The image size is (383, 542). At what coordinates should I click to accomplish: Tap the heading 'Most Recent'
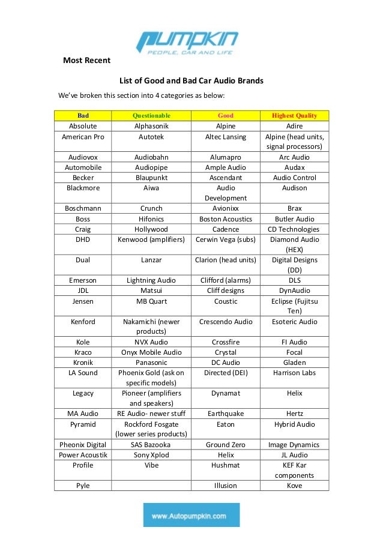click(x=87, y=60)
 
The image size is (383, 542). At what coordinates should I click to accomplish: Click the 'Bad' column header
click(x=83, y=115)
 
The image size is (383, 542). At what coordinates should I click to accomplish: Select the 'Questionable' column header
click(x=151, y=115)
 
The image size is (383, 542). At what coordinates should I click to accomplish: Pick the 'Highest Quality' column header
click(x=294, y=115)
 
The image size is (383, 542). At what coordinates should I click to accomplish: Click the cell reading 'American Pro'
click(x=83, y=137)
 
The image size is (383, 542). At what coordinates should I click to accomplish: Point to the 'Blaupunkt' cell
click(x=151, y=178)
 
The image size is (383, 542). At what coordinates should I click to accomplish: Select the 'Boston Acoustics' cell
click(x=226, y=219)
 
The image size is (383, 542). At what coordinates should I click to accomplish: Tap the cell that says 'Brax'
click(x=294, y=208)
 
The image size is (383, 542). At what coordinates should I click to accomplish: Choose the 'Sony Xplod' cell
click(x=151, y=455)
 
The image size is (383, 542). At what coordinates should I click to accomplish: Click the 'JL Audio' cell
click(x=294, y=455)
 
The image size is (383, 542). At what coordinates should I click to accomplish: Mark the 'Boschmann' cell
click(x=83, y=208)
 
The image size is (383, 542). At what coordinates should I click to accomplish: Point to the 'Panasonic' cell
click(x=151, y=363)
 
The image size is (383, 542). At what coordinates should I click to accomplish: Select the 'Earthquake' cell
click(x=226, y=414)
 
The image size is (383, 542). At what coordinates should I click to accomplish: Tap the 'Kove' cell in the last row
click(x=294, y=486)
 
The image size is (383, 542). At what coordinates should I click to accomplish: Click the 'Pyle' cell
click(x=83, y=486)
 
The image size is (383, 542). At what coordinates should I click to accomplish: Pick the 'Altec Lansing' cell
click(x=226, y=137)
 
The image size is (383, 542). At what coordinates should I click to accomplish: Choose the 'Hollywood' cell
click(x=151, y=229)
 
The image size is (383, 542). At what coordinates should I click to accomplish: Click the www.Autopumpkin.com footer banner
click(x=191, y=515)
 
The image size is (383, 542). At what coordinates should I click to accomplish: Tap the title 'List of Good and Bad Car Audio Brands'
click(x=191, y=80)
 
